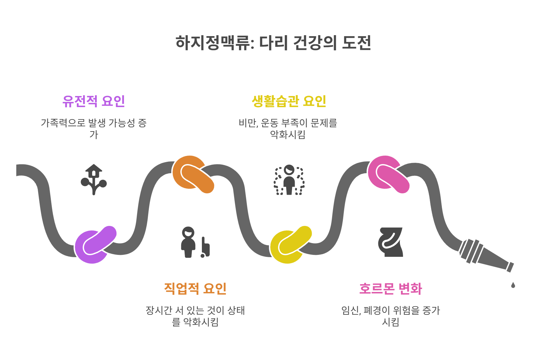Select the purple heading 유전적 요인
coord(94,101)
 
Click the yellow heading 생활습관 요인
coord(289,101)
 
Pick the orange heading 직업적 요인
coord(195,288)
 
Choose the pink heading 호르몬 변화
coord(390,288)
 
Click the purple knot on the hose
coord(94,245)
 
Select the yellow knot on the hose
coord(290,245)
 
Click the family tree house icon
coord(94,179)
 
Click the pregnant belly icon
coord(390,242)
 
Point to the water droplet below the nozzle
coord(513,285)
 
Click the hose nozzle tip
coord(510,267)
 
